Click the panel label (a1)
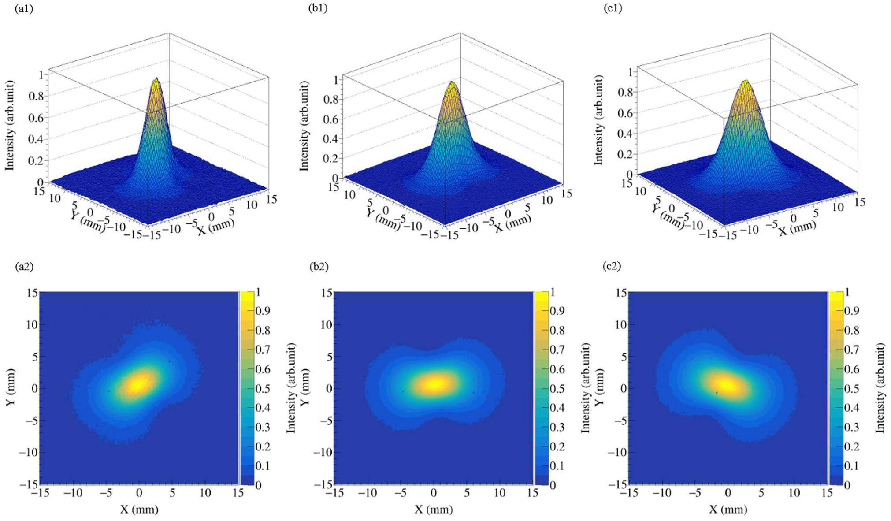coord(24,8)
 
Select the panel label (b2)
coord(318,266)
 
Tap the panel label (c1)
coord(613,8)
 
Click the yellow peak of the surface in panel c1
coord(746,82)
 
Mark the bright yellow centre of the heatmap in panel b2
coord(434,383)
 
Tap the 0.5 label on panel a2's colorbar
coord(263,389)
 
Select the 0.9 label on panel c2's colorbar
coord(851,311)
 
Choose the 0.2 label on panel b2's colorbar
coord(557,447)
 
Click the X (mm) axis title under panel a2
coord(139,510)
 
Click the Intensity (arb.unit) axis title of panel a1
coord(9,125)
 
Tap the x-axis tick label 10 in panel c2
coord(794,492)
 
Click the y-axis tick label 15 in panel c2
coord(620,293)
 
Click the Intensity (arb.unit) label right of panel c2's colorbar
coord(880,388)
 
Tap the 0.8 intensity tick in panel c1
coord(625,92)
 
